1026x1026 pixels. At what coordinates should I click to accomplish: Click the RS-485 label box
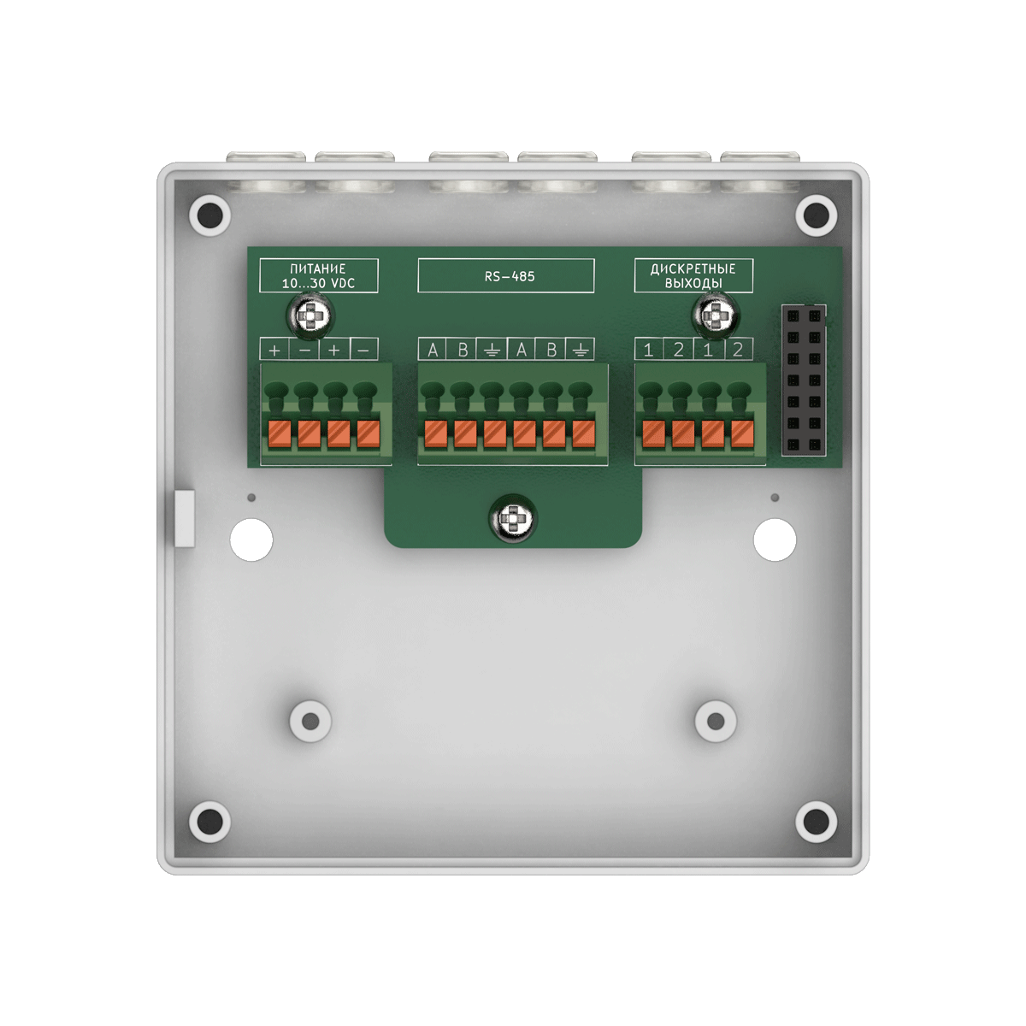tap(506, 276)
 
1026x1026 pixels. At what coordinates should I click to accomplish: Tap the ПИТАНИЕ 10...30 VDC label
tap(318, 276)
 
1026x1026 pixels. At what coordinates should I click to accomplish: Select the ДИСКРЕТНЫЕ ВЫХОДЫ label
tap(693, 276)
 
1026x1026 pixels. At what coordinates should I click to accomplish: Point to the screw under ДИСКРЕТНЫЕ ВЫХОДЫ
tap(714, 318)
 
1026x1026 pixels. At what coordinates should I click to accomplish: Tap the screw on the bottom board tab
tap(512, 518)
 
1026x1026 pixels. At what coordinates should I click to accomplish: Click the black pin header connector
tap(804, 380)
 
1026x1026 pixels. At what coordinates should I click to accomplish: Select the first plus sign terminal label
tap(274, 350)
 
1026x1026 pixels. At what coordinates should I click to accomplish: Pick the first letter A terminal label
tap(433, 350)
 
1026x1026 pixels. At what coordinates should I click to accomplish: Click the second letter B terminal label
tap(551, 350)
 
